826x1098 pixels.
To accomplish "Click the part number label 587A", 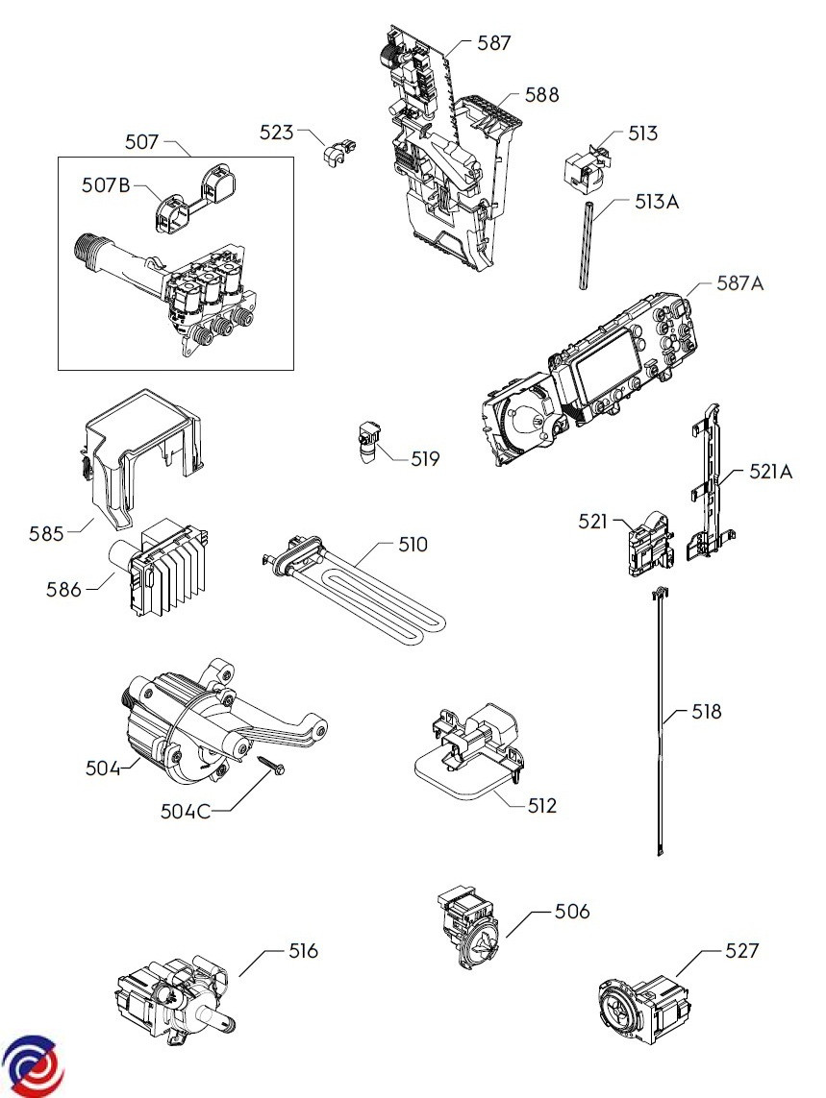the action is click(739, 283).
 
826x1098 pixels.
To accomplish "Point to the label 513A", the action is click(657, 202).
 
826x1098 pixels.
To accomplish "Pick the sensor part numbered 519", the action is click(369, 441).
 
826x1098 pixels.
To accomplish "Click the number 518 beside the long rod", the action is click(706, 712).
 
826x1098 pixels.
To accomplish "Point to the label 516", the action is click(304, 950).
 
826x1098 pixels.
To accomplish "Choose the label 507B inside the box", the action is click(106, 185).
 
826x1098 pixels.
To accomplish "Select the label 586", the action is click(63, 590).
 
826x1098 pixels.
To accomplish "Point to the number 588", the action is click(542, 94).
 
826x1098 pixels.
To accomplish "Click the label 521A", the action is click(770, 472).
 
